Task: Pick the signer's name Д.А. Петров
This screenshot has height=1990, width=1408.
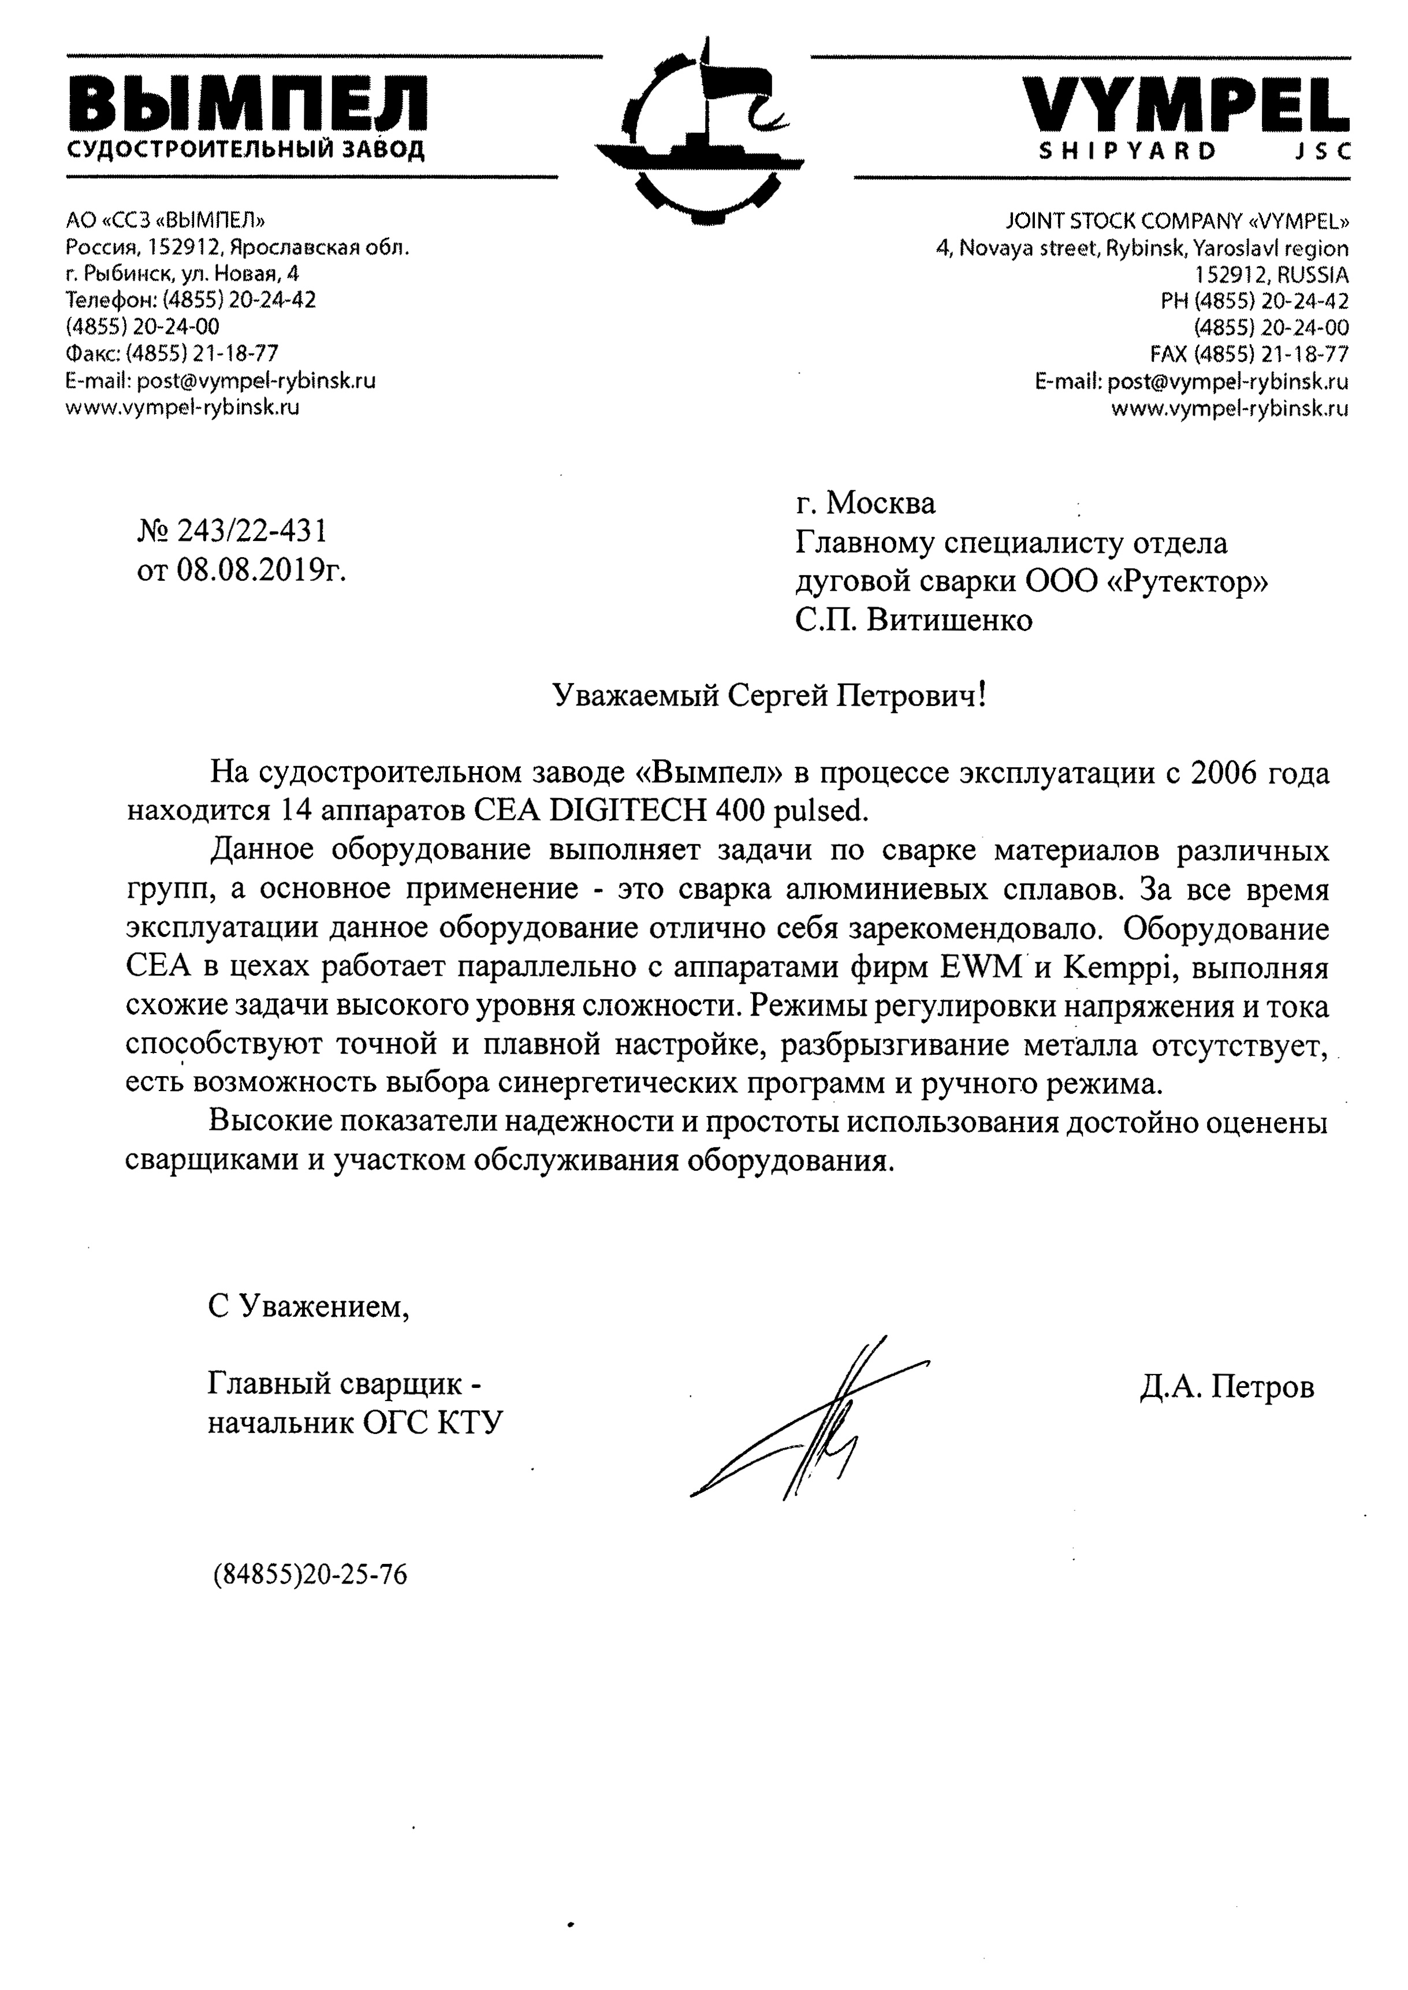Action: coord(1227,1387)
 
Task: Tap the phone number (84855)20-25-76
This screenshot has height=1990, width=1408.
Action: coord(310,1574)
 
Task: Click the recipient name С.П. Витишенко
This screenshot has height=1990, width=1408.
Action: coord(915,621)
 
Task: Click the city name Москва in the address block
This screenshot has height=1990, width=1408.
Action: coord(880,503)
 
